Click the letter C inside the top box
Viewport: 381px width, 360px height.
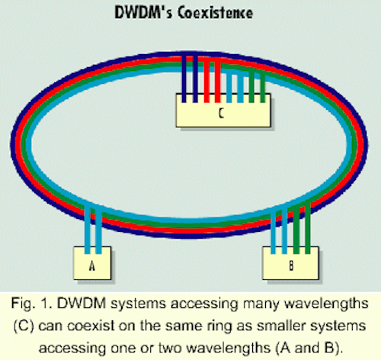(221, 114)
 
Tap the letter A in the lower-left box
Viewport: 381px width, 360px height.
(92, 265)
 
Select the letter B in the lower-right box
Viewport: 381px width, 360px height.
(291, 265)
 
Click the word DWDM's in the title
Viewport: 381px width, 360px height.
(143, 12)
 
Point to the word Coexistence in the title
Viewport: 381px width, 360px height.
(215, 12)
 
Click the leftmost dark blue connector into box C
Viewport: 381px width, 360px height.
(184, 79)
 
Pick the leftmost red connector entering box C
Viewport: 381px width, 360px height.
(207, 82)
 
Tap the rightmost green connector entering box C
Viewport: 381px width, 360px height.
(263, 88)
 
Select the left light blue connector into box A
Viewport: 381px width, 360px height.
(88, 229)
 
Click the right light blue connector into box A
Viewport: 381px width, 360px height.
(99, 230)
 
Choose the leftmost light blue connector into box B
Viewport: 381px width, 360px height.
(274, 231)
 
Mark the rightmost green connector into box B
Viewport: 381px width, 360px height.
(307, 227)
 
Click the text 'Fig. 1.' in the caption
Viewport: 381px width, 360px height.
(31, 304)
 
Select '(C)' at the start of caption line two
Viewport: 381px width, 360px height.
(24, 326)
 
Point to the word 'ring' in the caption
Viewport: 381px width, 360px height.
(219, 326)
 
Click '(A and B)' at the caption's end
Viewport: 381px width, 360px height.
(308, 348)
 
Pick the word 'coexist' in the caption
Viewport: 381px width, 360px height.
(91, 326)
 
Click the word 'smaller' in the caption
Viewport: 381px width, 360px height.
(281, 326)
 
